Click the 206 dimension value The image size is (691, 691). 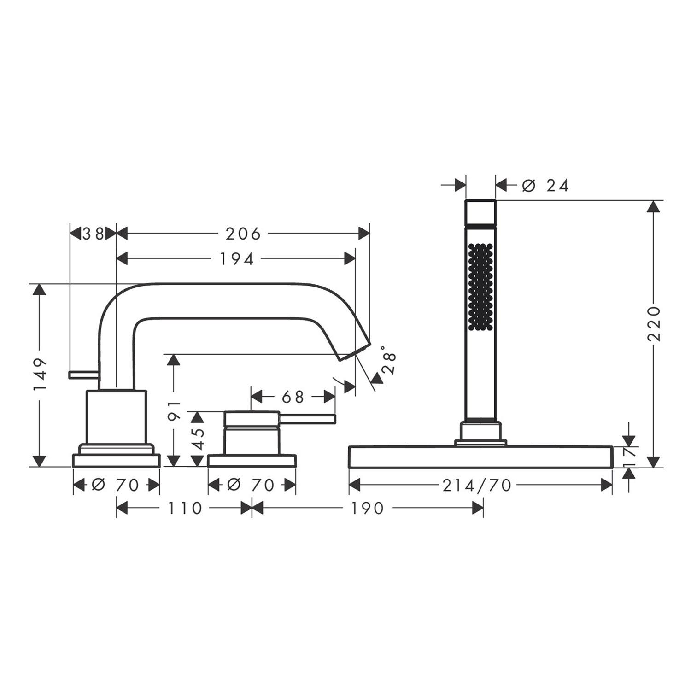pyautogui.click(x=243, y=234)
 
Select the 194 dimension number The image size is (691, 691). pyautogui.click(x=236, y=259)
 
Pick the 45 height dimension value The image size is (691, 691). pyautogui.click(x=197, y=439)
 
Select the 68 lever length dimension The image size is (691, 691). pyautogui.click(x=293, y=397)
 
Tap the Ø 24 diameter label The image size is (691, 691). pyautogui.click(x=545, y=186)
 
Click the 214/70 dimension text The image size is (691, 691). pyautogui.click(x=477, y=485)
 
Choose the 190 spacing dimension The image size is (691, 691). pyautogui.click(x=367, y=508)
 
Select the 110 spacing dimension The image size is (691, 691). pyautogui.click(x=184, y=508)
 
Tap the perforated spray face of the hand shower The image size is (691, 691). pyautogui.click(x=480, y=286)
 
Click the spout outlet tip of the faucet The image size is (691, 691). pyautogui.click(x=355, y=351)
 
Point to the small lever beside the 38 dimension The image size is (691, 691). pyautogui.click(x=83, y=375)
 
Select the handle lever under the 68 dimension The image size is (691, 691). pyautogui.click(x=309, y=418)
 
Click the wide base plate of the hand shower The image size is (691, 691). pyautogui.click(x=481, y=457)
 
